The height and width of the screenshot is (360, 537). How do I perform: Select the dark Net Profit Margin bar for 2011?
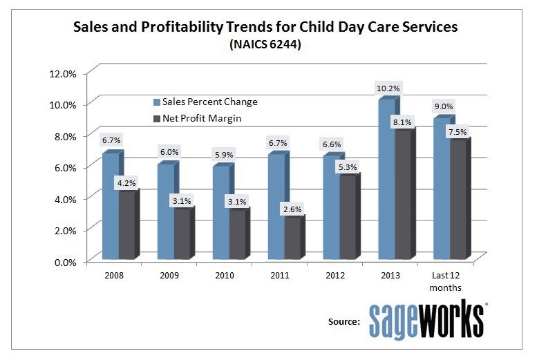293,239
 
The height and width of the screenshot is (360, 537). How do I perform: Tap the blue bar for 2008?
111,207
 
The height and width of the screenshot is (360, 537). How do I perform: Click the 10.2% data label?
388,88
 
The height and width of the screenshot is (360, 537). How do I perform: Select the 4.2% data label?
126,183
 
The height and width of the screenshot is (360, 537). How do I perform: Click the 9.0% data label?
444,106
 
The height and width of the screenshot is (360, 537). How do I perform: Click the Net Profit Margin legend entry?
200,117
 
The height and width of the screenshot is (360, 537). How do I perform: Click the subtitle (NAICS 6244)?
266,45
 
